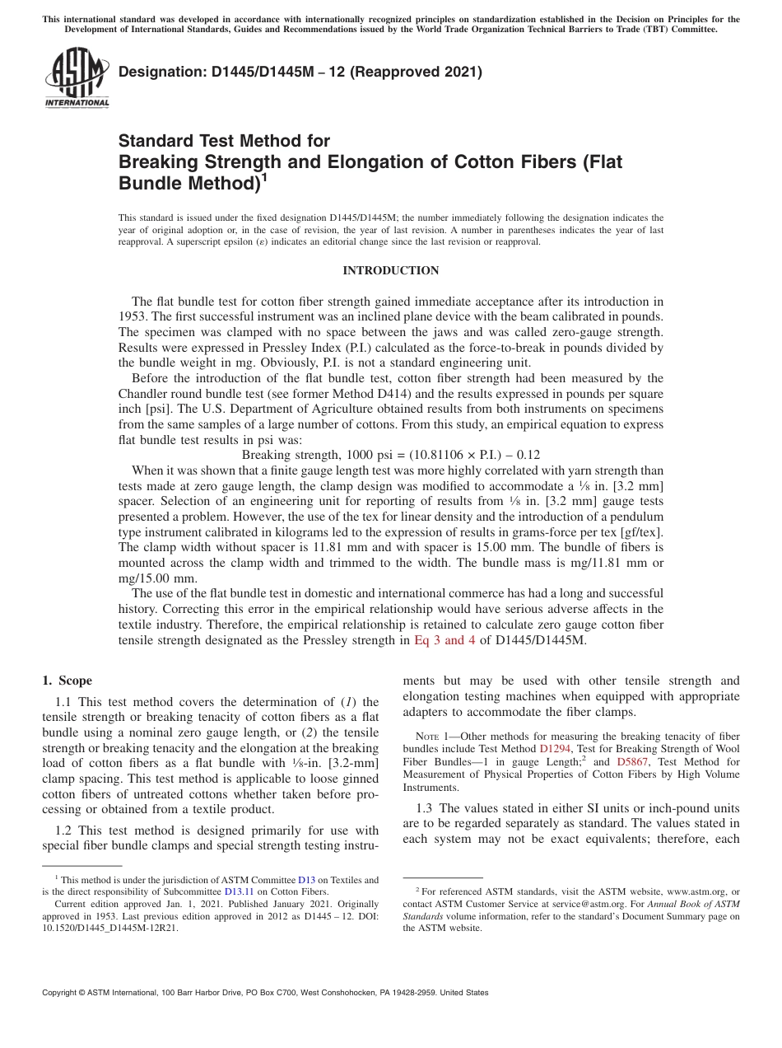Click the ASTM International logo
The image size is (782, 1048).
click(77, 79)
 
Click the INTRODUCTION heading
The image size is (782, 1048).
click(390, 271)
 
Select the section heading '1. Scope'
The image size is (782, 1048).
click(67, 681)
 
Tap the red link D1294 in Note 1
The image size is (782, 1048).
click(555, 751)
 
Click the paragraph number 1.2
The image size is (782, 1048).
click(64, 830)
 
